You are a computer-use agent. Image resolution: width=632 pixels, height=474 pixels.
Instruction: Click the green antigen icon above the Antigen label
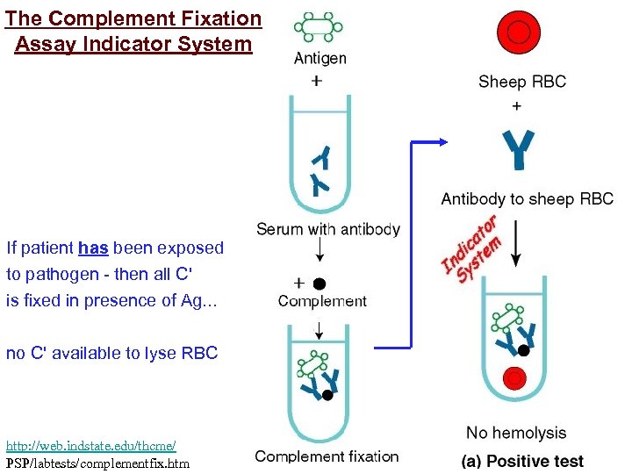click(319, 27)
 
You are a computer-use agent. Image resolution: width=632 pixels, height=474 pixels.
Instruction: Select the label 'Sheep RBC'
click(522, 82)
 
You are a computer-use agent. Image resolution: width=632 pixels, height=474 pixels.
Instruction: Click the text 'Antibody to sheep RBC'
click(527, 199)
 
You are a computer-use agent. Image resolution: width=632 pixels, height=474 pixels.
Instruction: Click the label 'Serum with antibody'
click(327, 229)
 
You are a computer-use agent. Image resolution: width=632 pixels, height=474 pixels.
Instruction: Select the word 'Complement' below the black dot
click(322, 301)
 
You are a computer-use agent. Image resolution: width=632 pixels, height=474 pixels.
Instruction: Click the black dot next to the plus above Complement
click(320, 284)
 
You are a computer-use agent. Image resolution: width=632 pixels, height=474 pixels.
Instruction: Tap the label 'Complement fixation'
click(327, 456)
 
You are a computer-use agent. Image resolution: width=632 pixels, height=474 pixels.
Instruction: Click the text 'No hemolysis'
click(516, 433)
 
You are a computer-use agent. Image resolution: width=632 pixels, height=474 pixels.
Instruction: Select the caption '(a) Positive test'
click(522, 461)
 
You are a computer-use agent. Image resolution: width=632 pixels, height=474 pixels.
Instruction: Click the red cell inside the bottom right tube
click(515, 378)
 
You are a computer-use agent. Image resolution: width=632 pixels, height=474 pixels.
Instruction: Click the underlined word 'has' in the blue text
click(93, 248)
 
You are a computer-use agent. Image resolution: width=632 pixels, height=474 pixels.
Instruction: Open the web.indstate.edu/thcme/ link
click(90, 447)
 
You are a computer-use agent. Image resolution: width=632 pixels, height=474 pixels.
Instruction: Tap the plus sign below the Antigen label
click(317, 80)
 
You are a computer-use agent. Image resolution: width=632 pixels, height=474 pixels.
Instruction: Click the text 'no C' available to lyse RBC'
click(111, 354)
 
